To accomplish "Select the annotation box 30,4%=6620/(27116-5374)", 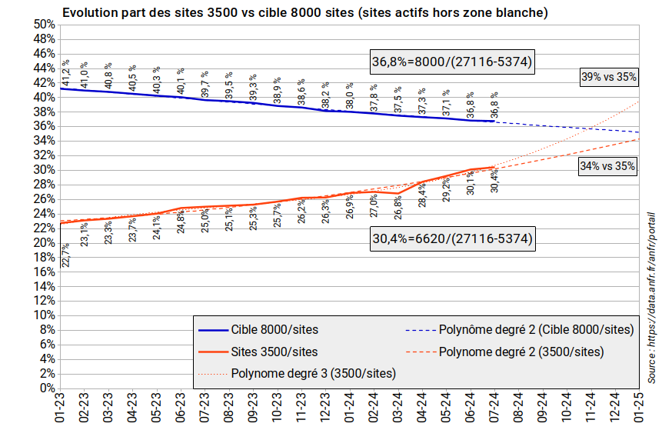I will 452,239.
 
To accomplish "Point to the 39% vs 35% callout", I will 609,77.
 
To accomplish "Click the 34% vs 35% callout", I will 609,165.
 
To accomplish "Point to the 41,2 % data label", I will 66,73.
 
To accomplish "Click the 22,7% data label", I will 66,255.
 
